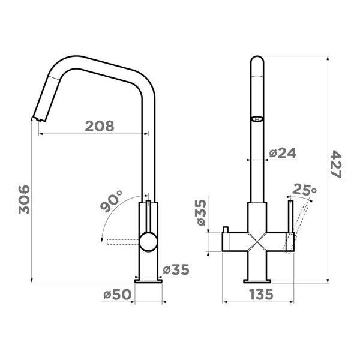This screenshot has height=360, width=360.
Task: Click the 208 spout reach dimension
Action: [x=100, y=126]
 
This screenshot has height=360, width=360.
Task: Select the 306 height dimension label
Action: [x=25, y=200]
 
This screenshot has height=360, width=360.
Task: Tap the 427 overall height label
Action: [x=335, y=164]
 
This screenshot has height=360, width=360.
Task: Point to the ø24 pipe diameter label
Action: [x=283, y=153]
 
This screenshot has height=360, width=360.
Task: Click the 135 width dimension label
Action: [x=261, y=294]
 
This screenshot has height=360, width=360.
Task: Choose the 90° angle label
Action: [x=112, y=201]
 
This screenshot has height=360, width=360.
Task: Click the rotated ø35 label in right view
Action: [x=200, y=212]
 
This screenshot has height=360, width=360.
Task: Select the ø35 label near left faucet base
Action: [x=176, y=269]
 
